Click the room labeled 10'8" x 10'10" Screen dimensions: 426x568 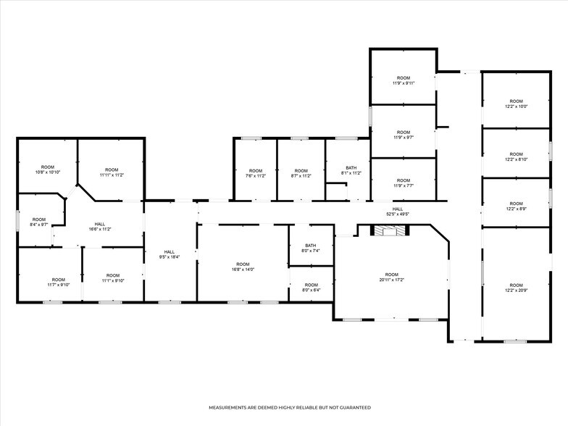[48, 170]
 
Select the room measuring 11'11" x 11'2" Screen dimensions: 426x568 [112, 172]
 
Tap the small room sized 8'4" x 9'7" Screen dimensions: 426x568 [39, 222]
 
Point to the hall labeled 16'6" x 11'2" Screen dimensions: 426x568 [100, 226]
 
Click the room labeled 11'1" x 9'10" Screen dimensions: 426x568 [113, 277]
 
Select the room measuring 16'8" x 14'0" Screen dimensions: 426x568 [243, 267]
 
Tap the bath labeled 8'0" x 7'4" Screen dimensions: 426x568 [311, 248]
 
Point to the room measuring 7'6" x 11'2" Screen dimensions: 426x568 [255, 173]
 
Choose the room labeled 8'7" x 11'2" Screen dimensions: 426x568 [301, 173]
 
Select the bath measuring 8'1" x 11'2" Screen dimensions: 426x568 [351, 170]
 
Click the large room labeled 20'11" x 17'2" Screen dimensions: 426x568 [391, 277]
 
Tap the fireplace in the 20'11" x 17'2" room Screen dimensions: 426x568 [390, 230]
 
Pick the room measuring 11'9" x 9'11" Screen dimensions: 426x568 [403, 80]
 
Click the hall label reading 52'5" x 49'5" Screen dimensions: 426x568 [397, 212]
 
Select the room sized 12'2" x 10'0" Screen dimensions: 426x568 [516, 104]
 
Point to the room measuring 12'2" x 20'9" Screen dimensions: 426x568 [516, 288]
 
